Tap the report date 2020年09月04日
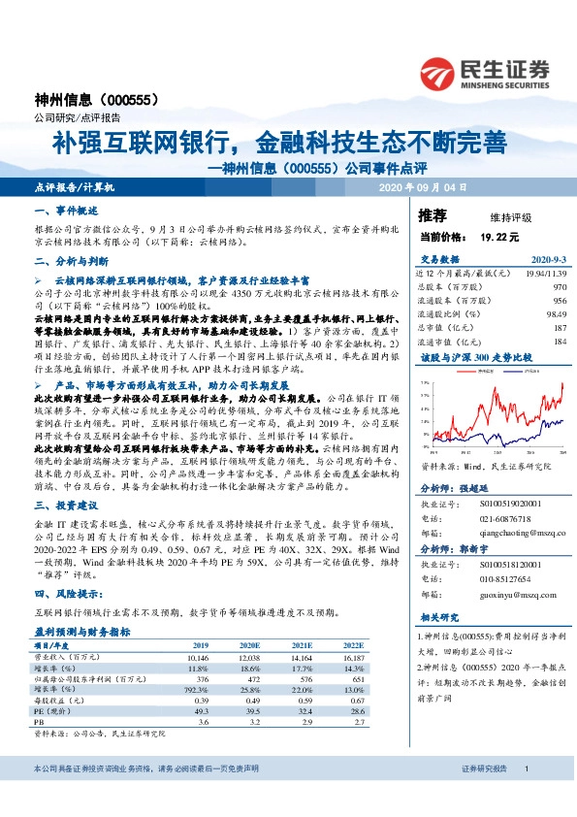423,186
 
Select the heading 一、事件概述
65,211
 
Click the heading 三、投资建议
65,506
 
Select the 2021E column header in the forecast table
301,643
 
